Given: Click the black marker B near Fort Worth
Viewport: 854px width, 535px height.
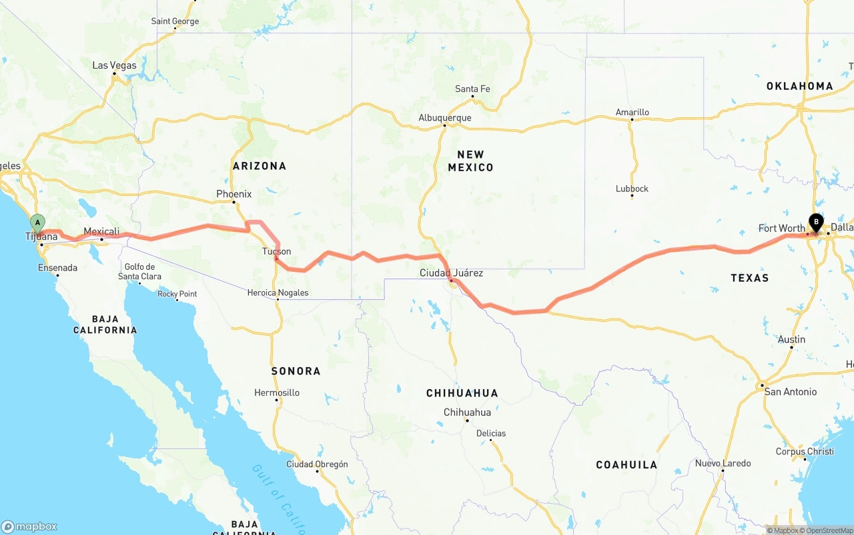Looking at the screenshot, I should (815, 222).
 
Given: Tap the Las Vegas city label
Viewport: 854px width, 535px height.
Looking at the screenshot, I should (114, 65).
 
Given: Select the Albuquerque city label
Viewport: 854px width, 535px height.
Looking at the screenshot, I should (444, 118).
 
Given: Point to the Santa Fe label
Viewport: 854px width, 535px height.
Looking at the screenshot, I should (472, 89).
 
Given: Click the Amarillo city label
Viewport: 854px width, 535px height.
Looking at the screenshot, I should (632, 112).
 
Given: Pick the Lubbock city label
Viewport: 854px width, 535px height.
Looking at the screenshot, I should (632, 189).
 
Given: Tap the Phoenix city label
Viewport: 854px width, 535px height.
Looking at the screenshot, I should (234, 194).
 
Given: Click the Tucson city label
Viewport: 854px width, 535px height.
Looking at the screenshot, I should (276, 251).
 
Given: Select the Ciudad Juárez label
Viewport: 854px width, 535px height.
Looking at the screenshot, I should (451, 273).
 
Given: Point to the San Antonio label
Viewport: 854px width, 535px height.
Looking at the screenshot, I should (790, 392).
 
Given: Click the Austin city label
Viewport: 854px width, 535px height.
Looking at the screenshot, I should (791, 340).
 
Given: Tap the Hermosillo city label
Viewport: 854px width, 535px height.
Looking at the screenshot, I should (277, 392).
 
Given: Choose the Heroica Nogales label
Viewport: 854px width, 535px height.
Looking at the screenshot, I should (278, 292).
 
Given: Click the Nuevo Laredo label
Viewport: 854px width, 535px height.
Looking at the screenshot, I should (723, 463).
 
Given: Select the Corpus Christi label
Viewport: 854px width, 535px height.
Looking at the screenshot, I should (805, 451).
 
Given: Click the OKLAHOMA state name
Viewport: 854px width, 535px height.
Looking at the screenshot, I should (799, 86).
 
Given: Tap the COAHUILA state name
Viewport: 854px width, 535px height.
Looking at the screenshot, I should (626, 465).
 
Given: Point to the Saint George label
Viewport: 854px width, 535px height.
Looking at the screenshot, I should (175, 21).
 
